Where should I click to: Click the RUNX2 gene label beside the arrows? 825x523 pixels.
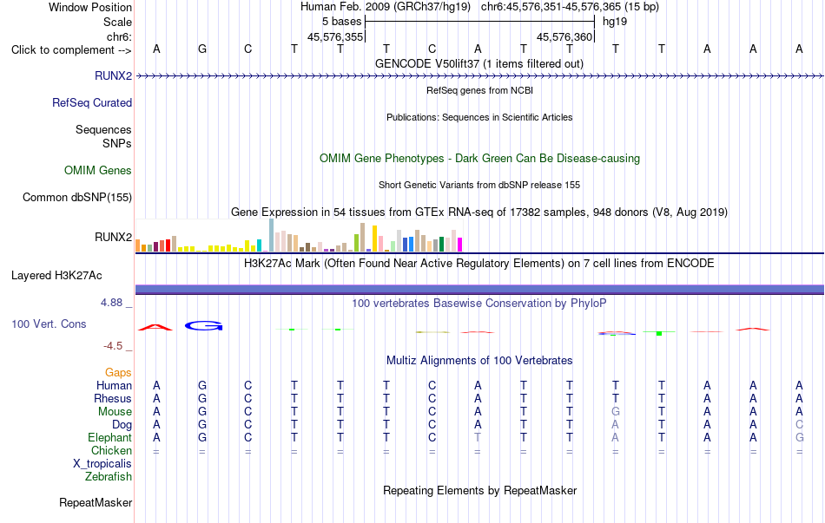(113, 75)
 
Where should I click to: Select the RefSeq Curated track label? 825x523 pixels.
(92, 102)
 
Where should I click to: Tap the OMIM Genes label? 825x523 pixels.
(98, 170)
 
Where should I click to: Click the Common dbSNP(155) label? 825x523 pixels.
(77, 197)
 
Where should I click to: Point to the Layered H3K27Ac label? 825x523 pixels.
(56, 276)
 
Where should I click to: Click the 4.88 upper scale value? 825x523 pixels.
(111, 302)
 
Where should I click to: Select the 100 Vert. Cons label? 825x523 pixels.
(49, 324)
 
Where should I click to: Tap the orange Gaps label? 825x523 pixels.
(118, 372)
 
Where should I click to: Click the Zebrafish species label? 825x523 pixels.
(109, 476)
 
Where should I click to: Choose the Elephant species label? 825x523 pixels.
(110, 437)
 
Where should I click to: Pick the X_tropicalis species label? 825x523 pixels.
(102, 464)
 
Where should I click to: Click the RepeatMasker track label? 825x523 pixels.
(96, 502)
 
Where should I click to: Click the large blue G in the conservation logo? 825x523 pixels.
(203, 326)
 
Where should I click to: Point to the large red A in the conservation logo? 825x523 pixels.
(155, 327)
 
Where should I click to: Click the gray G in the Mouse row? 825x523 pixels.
(616, 411)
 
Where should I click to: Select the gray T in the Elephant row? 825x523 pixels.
(478, 437)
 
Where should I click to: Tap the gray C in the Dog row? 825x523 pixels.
(799, 424)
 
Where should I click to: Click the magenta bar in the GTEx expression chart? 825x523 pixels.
(460, 245)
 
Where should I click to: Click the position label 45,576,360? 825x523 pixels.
(564, 36)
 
